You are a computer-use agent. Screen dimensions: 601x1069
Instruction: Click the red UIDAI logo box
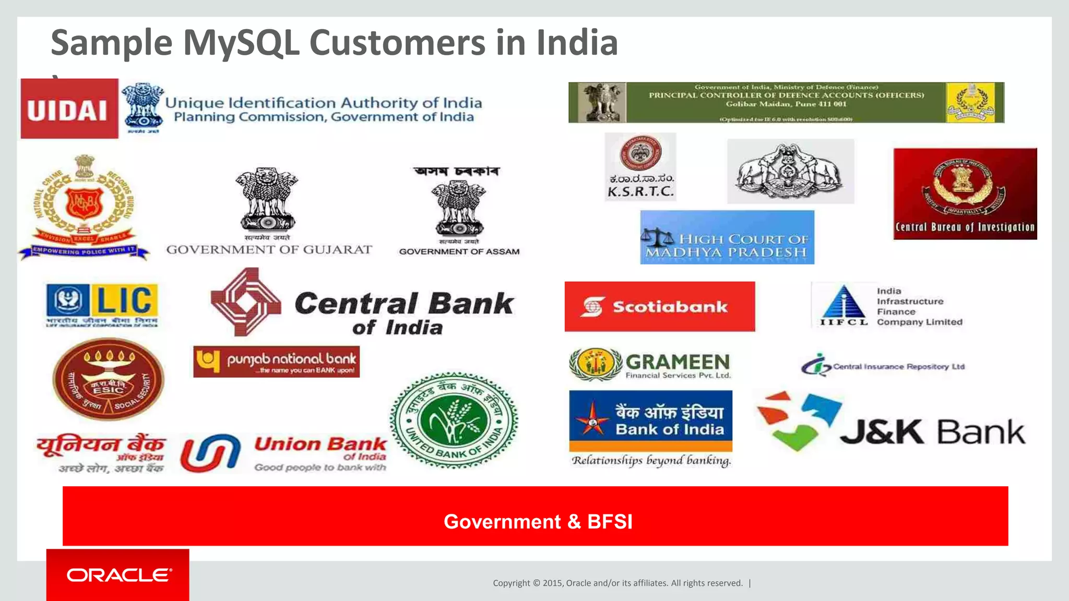(69, 109)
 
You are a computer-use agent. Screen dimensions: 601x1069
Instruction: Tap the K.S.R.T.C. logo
(640, 167)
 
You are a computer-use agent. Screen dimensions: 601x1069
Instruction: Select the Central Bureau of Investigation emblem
(965, 194)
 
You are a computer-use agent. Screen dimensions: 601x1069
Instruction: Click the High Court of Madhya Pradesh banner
(727, 237)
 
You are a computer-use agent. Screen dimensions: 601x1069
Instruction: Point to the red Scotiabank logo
(660, 307)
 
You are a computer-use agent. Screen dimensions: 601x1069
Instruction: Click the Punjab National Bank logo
(276, 362)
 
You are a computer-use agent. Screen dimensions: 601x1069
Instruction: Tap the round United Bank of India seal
(454, 420)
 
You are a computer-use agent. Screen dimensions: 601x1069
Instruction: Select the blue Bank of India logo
(650, 421)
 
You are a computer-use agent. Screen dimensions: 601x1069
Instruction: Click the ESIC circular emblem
(109, 379)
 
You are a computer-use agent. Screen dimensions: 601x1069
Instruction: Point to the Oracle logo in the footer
(118, 575)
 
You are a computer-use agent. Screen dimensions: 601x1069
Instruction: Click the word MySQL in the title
(241, 43)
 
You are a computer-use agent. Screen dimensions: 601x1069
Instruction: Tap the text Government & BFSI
(538, 522)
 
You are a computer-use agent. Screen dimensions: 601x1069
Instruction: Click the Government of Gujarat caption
(269, 250)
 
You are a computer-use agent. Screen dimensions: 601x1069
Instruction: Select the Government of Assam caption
(459, 251)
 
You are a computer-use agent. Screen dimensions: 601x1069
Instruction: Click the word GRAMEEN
(678, 362)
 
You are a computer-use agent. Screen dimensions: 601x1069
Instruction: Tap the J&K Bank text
(932, 432)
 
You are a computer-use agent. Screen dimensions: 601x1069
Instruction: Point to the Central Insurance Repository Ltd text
(898, 367)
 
